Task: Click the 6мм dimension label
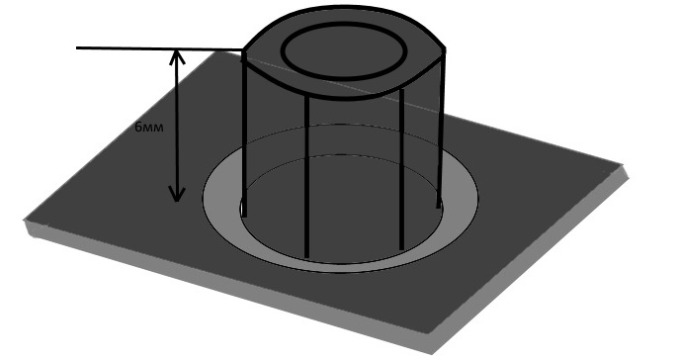149,128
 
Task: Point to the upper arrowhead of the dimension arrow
177,57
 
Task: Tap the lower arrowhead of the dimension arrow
177,194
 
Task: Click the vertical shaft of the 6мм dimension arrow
177,126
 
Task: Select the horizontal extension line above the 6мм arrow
159,48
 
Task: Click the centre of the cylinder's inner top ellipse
344,51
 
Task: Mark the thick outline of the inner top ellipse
344,78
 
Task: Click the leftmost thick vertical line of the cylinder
244,134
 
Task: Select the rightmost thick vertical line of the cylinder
441,130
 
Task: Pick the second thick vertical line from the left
306,176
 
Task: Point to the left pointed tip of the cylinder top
243,52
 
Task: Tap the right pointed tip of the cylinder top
445,50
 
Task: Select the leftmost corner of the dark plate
24,221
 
